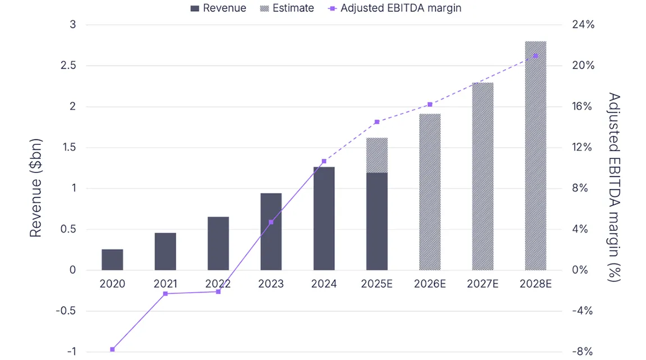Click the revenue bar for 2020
coord(112,259)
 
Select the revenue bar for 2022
coord(218,243)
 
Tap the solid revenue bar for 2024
coord(324,218)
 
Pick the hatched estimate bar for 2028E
coord(535,156)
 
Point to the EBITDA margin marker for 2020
coord(112,349)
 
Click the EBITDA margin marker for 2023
coord(271,222)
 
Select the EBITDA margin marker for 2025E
coord(377,122)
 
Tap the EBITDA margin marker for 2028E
coord(535,56)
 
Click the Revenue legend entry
coord(219,8)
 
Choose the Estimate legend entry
coord(287,8)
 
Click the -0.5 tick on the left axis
coord(66,311)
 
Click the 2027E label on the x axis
coord(483,284)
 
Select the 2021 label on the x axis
coord(165,284)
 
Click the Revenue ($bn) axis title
coord(35,188)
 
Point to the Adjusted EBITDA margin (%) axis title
coord(615,188)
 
